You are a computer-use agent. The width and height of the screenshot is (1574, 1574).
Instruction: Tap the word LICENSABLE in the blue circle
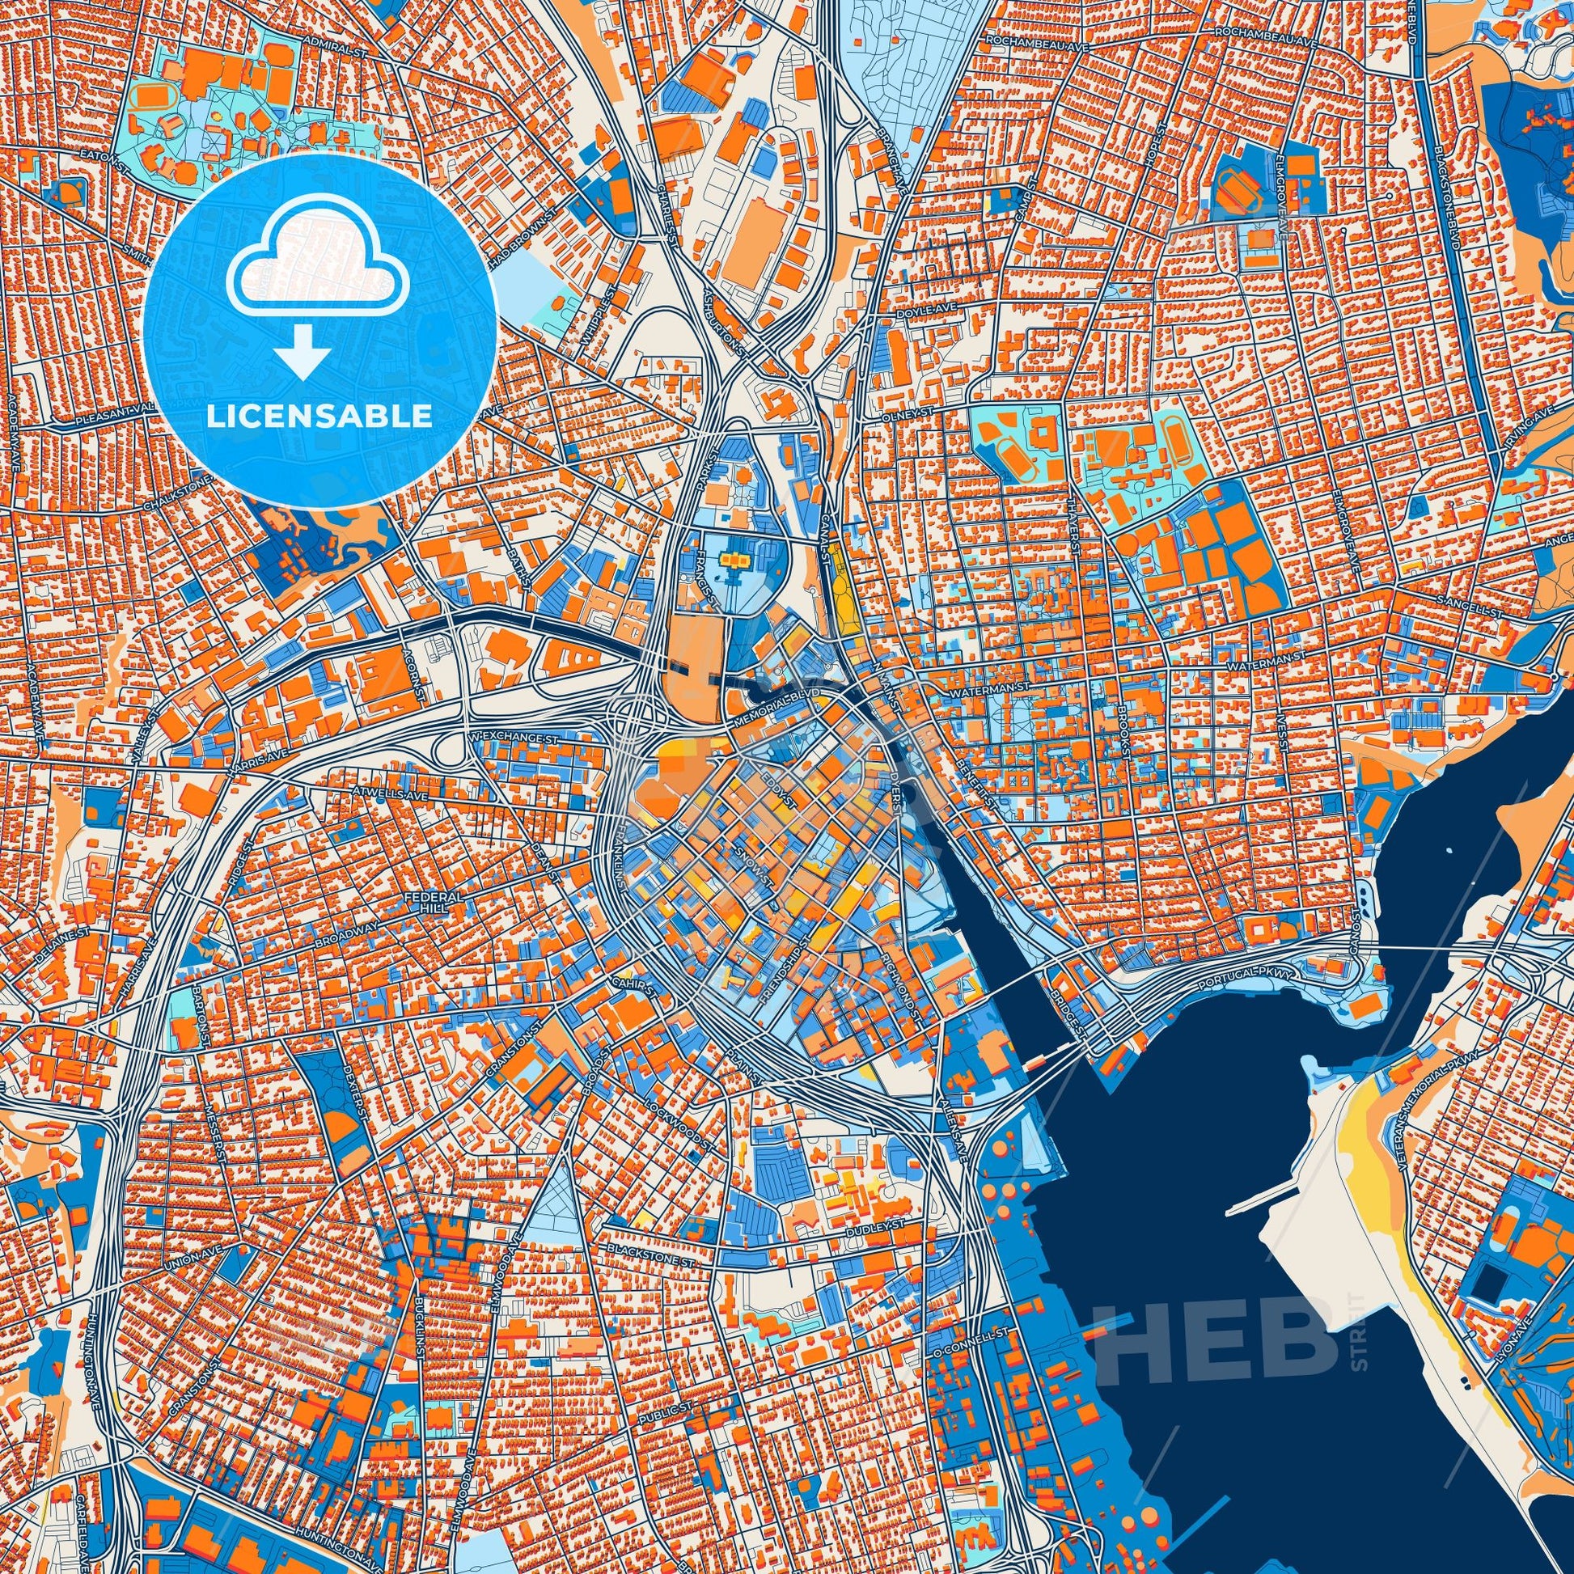(319, 417)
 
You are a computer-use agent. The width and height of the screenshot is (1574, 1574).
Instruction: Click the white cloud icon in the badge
(319, 276)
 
